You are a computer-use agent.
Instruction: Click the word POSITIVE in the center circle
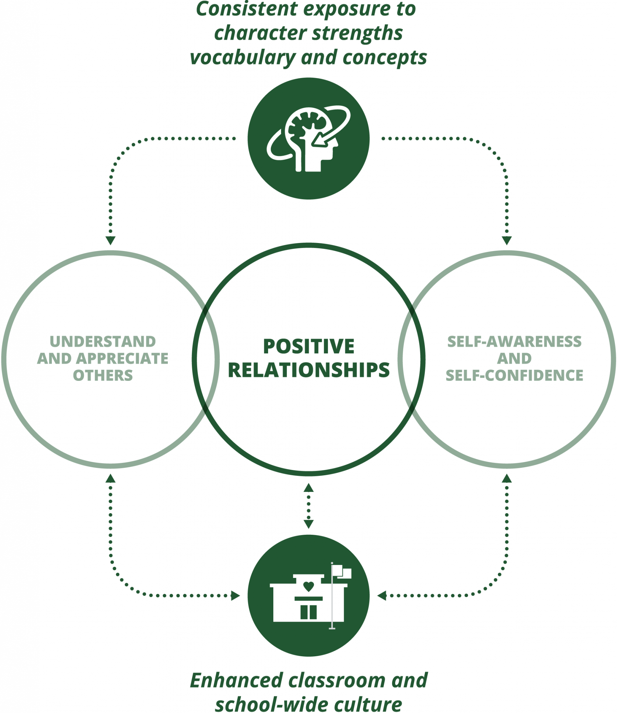pos(308,346)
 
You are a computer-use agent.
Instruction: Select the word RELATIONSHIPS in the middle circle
pos(308,370)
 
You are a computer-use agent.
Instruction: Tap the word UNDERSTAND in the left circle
pos(103,342)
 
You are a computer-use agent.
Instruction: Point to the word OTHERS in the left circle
pos(103,375)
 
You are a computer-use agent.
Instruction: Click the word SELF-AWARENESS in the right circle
pos(514,342)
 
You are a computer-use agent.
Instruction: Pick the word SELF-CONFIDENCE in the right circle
pos(514,375)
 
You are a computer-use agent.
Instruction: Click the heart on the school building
pos(308,586)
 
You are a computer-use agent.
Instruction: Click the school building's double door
pos(308,612)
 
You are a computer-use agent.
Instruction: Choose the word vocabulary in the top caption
pos(240,57)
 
